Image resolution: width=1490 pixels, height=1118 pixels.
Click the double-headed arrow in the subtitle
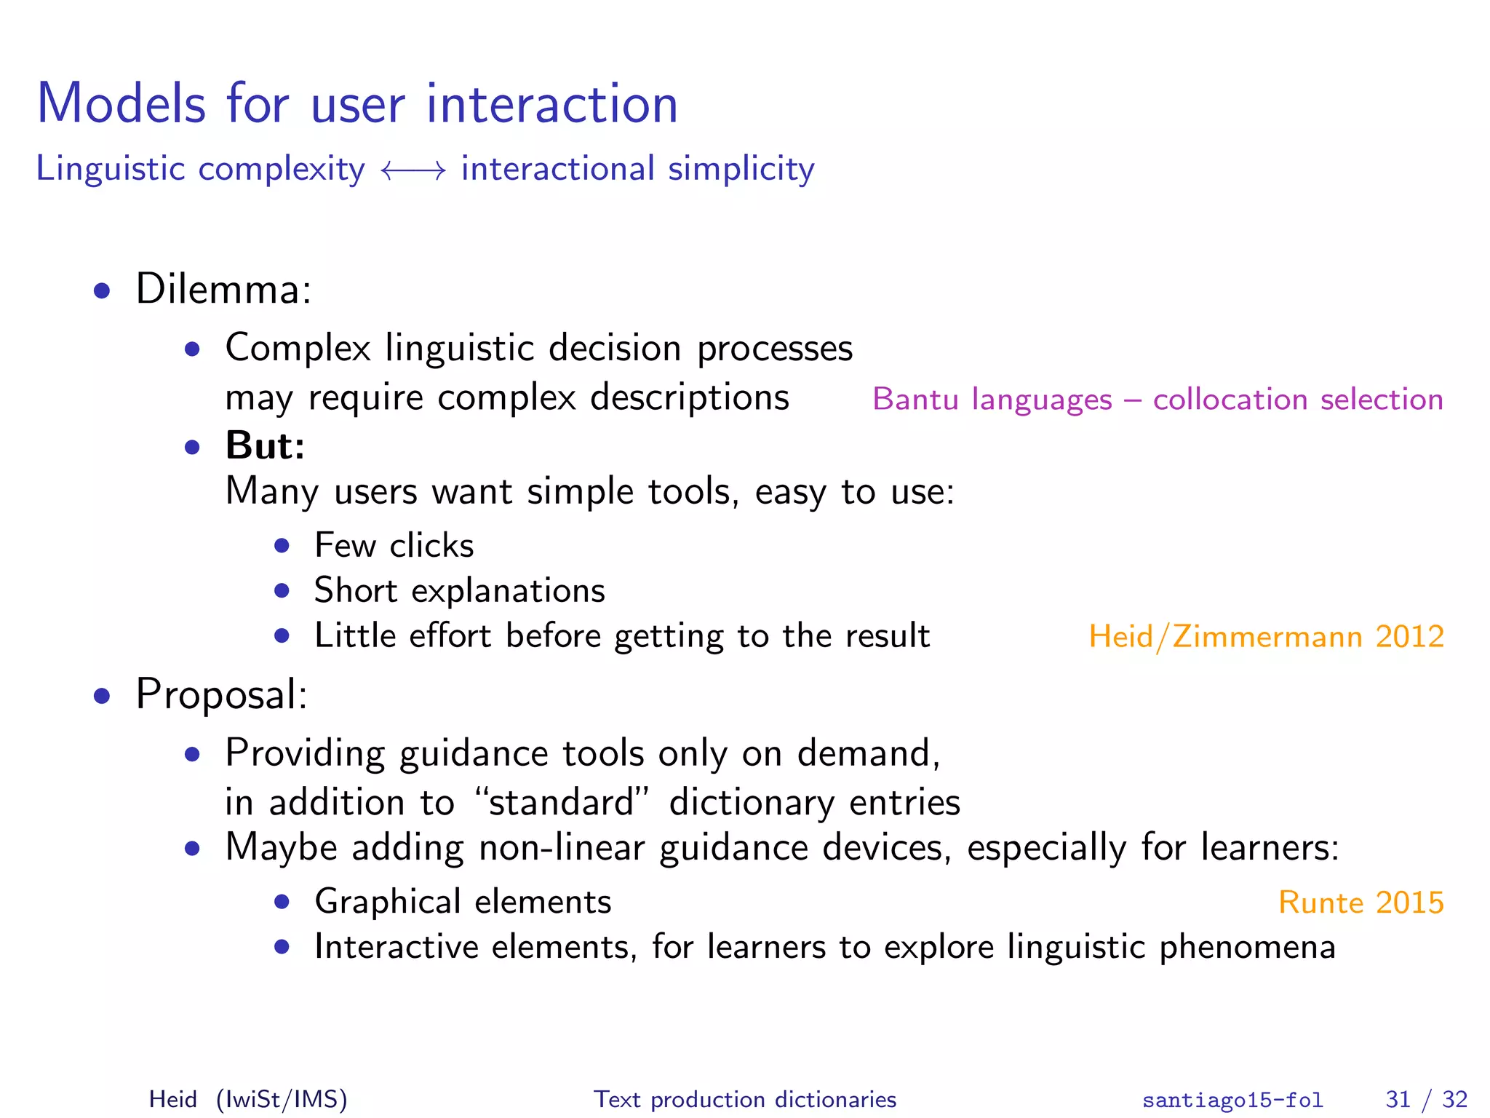pos(413,171)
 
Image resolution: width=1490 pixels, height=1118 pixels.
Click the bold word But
pos(264,445)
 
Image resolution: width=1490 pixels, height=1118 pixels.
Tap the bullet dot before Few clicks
pos(282,545)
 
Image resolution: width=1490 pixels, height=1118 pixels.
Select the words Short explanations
pos(459,590)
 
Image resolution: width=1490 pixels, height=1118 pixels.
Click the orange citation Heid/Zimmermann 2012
pos(1266,637)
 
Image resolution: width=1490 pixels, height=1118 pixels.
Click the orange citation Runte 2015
pos(1360,903)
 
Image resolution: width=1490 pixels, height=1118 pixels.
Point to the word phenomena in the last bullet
pos(1247,948)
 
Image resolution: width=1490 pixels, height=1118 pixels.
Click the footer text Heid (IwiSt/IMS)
pos(248,1099)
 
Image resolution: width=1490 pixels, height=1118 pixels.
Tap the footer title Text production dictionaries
pos(745,1099)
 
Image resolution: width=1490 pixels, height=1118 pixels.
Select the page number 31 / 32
pos(1426,1099)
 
